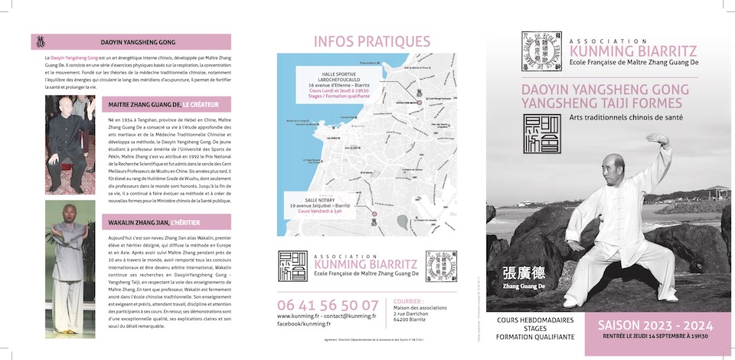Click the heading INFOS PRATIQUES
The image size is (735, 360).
[372, 41]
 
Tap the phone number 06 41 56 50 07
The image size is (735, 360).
[328, 304]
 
